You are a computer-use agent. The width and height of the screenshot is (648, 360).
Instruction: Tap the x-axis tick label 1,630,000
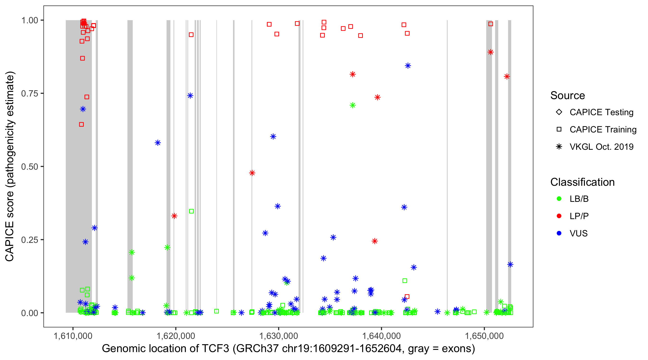[278, 336]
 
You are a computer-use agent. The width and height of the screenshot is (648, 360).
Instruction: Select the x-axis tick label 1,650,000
[484, 336]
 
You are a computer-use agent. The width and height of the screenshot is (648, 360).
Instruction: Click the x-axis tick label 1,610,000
[73, 336]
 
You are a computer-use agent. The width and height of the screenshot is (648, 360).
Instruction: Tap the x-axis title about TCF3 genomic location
[288, 349]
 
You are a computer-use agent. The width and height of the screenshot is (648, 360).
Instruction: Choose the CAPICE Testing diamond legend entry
[559, 112]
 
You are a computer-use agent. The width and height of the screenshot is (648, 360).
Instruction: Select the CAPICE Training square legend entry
[559, 130]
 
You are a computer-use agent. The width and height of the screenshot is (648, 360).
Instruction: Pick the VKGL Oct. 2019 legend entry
[559, 147]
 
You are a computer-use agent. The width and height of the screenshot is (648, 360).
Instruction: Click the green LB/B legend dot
[559, 199]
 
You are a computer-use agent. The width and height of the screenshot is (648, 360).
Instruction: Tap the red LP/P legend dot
[559, 216]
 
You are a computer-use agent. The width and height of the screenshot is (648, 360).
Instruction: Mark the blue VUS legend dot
[559, 233]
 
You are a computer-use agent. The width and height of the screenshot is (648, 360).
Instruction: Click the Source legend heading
[568, 96]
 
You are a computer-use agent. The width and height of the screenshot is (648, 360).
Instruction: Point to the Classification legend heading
[582, 182]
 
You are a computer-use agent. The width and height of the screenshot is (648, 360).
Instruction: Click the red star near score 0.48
[252, 173]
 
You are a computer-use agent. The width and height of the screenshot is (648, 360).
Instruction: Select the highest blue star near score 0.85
[408, 66]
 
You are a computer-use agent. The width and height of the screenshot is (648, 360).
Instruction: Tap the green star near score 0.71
[353, 105]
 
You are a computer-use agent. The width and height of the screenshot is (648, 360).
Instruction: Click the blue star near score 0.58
[158, 143]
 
